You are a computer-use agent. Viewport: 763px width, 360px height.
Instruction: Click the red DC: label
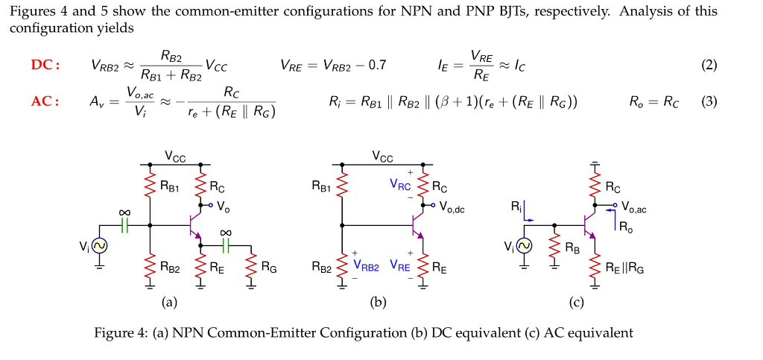pos(45,66)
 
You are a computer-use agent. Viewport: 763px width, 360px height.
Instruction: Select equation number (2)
pos(709,66)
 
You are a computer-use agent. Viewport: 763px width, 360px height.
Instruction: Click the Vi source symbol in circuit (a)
pos(98,245)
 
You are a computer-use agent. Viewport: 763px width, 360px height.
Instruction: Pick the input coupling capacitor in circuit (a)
pos(124,224)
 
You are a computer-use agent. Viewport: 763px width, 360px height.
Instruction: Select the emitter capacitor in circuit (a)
pos(224,244)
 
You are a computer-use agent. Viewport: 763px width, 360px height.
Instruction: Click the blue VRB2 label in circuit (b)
pos(366,265)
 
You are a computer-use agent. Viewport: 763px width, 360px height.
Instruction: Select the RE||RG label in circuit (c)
pos(624,267)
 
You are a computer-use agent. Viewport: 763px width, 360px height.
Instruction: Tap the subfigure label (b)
pos(379,302)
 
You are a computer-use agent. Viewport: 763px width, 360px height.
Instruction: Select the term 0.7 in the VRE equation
pos(378,66)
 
